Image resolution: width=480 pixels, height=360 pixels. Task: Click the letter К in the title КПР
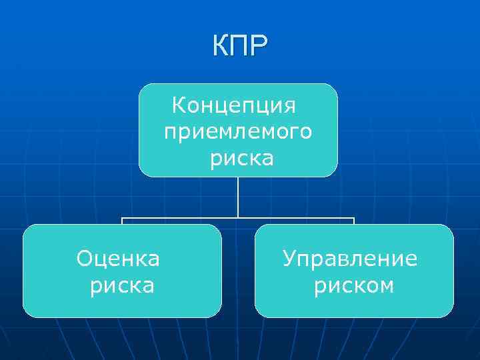222,47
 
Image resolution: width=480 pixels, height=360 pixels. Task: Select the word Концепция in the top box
234,105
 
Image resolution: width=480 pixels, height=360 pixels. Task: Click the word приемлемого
237,132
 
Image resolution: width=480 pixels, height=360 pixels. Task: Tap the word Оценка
118,258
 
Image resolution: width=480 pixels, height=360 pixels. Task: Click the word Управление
350,258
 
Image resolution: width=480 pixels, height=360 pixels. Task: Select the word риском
354,285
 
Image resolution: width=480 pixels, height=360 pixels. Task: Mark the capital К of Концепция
179,105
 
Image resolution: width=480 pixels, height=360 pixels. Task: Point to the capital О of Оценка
85,258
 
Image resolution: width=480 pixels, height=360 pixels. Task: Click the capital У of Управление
289,258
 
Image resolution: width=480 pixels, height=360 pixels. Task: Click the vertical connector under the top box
238,197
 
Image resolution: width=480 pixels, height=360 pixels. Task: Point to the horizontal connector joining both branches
200,217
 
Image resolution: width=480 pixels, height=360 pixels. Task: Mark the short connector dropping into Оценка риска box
122,221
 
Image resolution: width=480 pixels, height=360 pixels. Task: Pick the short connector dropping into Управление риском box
354,221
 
